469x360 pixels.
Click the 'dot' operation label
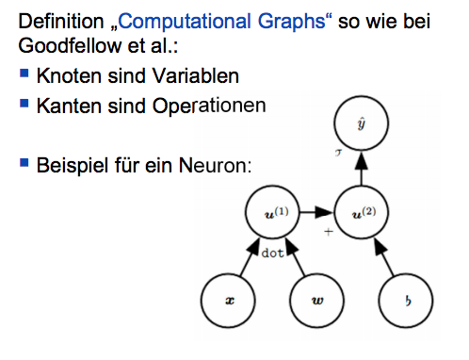tap(273, 254)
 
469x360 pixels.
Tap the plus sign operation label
tap(329, 230)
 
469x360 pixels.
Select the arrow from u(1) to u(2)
tap(316, 213)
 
